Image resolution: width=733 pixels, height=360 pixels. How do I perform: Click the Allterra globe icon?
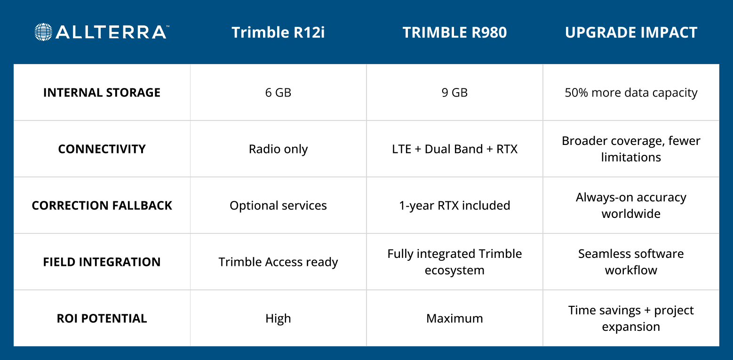pos(43,32)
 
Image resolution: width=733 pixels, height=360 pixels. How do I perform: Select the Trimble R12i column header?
pos(278,32)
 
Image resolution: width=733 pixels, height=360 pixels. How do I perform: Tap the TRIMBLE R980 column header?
pos(454,32)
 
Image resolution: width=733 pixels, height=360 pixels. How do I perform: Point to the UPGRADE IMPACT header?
pos(631,32)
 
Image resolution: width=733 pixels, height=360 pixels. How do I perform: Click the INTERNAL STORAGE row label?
pos(102,92)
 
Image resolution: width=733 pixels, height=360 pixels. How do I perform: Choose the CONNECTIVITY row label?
pos(102,149)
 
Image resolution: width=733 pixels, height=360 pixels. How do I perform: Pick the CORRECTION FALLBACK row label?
pos(102,205)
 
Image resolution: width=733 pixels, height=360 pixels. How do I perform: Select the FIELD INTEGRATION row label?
pos(102,262)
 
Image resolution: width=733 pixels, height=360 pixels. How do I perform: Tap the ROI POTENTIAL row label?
pos(102,318)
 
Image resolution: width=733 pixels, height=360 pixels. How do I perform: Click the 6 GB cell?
pos(278,92)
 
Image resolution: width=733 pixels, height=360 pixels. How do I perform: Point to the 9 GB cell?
pos(454,92)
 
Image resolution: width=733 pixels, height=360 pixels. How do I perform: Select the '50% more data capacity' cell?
pos(631,92)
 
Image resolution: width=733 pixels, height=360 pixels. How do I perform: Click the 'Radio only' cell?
pos(278,149)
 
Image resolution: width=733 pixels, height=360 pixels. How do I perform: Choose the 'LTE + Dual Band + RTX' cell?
pos(454,149)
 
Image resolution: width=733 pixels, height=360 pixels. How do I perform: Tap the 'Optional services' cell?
pos(278,205)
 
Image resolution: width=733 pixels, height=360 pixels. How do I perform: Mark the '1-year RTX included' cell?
pos(454,205)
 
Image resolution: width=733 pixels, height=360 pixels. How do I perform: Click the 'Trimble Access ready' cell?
pos(278,262)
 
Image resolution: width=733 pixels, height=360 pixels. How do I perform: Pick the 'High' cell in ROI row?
pos(278,318)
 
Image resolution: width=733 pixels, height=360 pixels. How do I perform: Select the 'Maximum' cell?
pos(454,318)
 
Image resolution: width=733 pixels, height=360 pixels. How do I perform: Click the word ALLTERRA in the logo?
pos(111,32)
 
